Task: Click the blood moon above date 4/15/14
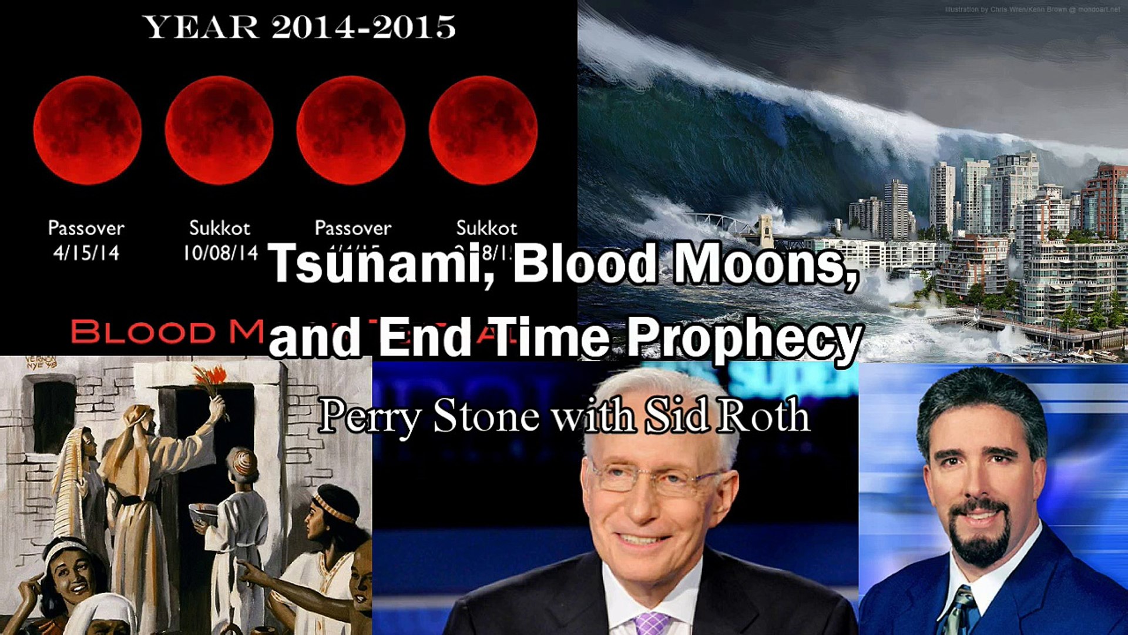coord(87,131)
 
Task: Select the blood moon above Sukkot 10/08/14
coord(219,131)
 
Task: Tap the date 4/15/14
coord(86,253)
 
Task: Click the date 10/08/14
coord(220,253)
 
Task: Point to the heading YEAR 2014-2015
coord(298,28)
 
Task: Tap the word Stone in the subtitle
coord(486,416)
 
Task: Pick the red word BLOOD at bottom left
coord(143,332)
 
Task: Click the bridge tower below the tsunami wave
coord(766,229)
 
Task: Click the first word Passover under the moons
coord(86,228)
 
